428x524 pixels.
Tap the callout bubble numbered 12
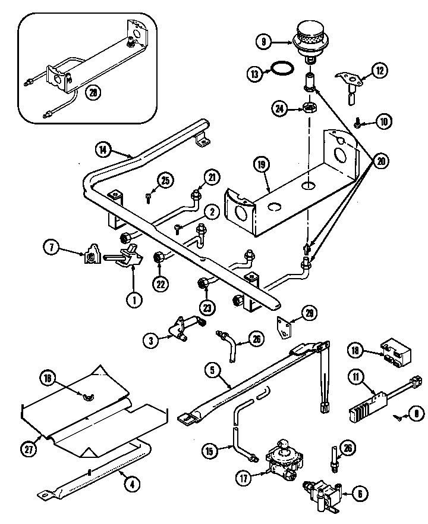pos(379,71)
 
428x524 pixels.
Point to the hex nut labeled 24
pos(309,108)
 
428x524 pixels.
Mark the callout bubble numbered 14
pos(105,151)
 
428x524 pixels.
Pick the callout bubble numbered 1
pos(135,301)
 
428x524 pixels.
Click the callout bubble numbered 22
pos(160,284)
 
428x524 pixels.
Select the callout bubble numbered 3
pos(152,340)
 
